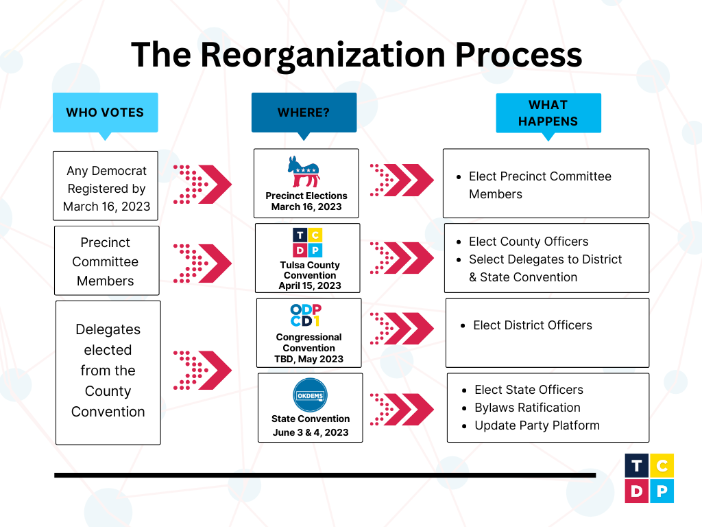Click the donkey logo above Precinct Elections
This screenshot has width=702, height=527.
click(304, 172)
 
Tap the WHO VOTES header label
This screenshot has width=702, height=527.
click(105, 113)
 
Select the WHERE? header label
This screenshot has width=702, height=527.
click(304, 113)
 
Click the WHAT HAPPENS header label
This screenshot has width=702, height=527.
click(548, 113)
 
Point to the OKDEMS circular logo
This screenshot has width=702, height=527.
click(310, 396)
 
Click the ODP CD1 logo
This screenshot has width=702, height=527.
click(306, 316)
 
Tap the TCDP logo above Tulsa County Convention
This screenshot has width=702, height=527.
click(307, 242)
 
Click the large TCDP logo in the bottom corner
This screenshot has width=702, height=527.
click(649, 478)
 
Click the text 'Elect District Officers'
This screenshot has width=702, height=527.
click(533, 325)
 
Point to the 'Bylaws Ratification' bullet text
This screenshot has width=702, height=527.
click(527, 408)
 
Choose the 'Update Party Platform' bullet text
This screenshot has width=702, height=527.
click(537, 425)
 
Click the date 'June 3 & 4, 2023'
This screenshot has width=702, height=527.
click(310, 432)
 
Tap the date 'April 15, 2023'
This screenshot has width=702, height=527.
click(310, 285)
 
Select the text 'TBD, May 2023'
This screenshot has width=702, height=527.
click(308, 359)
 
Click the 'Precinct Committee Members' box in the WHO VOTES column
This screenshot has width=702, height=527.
click(106, 261)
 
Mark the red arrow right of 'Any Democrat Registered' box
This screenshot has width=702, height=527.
click(202, 185)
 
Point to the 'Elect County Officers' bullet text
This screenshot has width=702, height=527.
click(529, 242)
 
